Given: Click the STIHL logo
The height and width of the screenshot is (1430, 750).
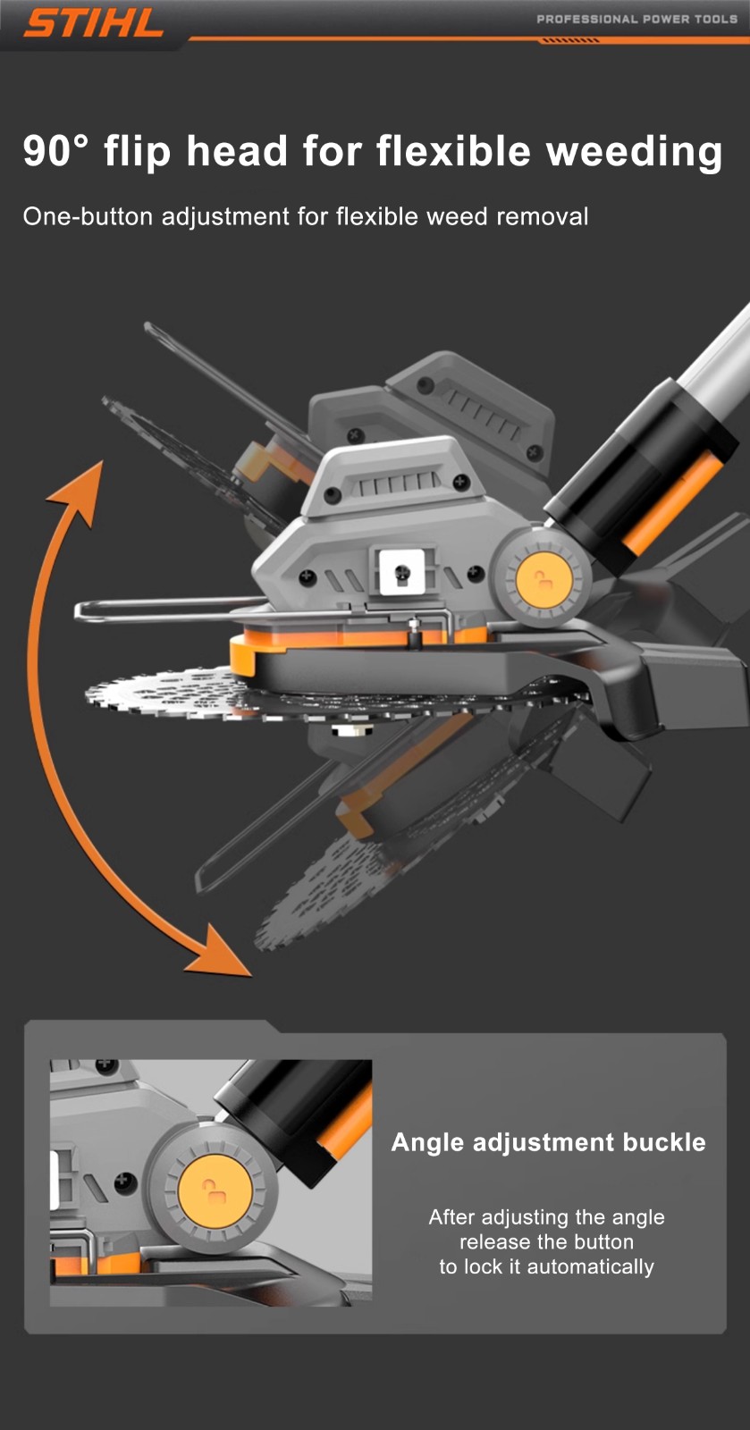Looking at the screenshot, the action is tap(93, 23).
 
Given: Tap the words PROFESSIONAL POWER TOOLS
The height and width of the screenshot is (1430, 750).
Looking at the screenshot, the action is tap(636, 19).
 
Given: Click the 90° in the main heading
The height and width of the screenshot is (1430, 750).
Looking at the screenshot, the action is tap(55, 151).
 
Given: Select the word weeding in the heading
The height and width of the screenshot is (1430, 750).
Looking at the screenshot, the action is tap(634, 152).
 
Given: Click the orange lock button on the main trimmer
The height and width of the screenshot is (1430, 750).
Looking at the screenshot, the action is tap(543, 580).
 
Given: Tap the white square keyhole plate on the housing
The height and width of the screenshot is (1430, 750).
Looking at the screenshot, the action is tap(401, 571).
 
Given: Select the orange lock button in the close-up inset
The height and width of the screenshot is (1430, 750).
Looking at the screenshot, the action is tap(213, 1191).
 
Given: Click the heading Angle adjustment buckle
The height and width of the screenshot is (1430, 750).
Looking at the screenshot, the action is tap(548, 1142).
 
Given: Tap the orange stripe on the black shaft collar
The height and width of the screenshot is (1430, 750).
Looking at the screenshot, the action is tap(667, 504).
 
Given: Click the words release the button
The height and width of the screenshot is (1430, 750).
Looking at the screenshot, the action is tap(546, 1241).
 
